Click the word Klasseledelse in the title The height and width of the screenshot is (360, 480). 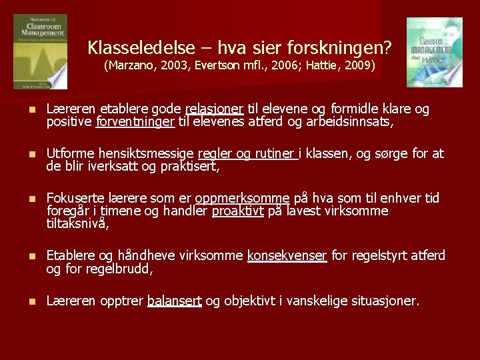[x=141, y=48]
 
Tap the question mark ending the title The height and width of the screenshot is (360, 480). [x=387, y=48]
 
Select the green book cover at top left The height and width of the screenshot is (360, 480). [x=40, y=52]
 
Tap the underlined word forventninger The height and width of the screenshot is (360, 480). [x=135, y=123]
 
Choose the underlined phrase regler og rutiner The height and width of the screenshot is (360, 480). [x=256, y=154]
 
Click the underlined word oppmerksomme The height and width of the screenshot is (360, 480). [x=251, y=199]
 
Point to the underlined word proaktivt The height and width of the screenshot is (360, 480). [x=238, y=211]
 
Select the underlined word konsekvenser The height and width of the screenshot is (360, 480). [x=287, y=256]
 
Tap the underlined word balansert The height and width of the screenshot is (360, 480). [x=174, y=301]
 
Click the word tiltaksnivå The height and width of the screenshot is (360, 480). [x=77, y=225]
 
